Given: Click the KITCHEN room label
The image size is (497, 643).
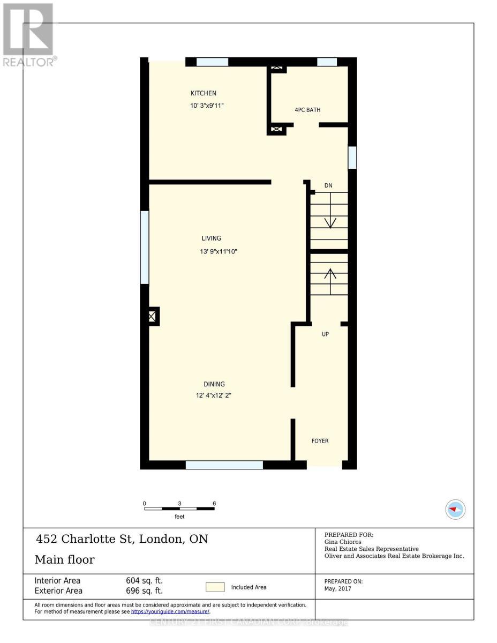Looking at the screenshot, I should click(204, 93).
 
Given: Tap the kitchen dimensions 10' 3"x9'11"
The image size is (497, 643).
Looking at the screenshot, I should click(207, 106).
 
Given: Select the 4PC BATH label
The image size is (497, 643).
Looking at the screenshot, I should click(307, 110).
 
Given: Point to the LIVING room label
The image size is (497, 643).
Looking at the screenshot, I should click(211, 238).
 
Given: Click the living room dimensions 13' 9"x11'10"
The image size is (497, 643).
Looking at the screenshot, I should click(219, 251).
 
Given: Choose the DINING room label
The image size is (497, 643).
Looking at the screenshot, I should click(214, 384).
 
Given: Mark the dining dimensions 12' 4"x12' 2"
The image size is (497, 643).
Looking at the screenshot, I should click(213, 396).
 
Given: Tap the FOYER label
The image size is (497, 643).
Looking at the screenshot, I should click(320, 441).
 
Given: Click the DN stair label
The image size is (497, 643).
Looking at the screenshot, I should click(328, 185).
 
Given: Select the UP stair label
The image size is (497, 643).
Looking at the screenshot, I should click(325, 334).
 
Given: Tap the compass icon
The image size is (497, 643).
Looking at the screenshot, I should click(455, 509).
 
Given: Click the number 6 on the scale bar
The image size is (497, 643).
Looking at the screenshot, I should click(214, 504).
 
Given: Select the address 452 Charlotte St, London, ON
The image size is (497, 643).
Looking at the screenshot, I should click(122, 539).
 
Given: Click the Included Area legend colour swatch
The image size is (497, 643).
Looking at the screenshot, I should click(216, 587).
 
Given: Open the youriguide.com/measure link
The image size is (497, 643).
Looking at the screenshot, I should click(170, 611).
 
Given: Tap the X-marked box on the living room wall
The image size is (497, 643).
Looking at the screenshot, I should click(152, 317).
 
